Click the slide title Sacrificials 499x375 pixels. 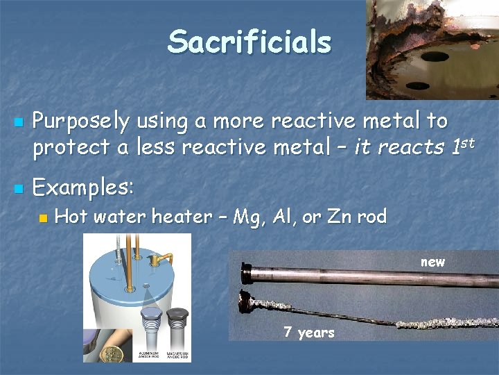coord(249,42)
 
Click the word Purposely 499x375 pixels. coord(81,122)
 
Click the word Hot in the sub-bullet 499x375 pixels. coord(70,217)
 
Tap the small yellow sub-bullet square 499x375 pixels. coord(44,218)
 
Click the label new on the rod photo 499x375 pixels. coord(433,262)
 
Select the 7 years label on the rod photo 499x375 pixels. coord(308,333)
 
